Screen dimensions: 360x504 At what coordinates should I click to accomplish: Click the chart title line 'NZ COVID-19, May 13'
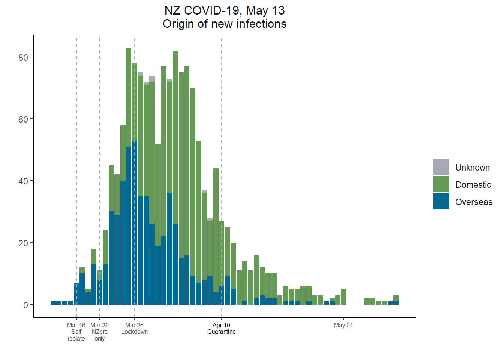224,10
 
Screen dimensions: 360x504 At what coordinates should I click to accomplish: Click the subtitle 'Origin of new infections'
224,24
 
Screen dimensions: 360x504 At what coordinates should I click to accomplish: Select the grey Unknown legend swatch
441,167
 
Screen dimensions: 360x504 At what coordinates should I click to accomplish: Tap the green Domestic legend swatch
441,184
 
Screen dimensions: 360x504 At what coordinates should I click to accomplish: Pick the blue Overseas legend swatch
441,201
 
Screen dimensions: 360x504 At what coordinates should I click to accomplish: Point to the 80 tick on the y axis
23,57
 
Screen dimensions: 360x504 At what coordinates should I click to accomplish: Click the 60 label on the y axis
23,119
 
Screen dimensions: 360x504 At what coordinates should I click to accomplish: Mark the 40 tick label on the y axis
23,181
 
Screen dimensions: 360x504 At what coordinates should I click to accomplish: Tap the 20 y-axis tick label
23,243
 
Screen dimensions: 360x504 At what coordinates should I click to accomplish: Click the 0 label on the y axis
25,305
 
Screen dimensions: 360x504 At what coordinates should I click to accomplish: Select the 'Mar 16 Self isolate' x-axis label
76,332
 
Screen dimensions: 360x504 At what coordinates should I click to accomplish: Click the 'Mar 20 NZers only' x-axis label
100,332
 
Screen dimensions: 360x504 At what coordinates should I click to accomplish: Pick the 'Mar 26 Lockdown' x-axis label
134,328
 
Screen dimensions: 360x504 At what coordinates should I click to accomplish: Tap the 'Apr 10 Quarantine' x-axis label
221,328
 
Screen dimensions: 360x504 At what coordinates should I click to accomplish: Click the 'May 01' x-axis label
343,325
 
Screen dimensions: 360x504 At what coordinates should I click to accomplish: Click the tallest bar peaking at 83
129,112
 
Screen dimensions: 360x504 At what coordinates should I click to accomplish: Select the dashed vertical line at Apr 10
222,112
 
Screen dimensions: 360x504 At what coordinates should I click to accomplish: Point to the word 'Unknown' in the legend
472,168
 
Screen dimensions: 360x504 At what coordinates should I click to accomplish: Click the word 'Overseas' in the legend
474,202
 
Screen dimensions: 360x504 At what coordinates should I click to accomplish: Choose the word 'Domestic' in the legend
473,185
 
